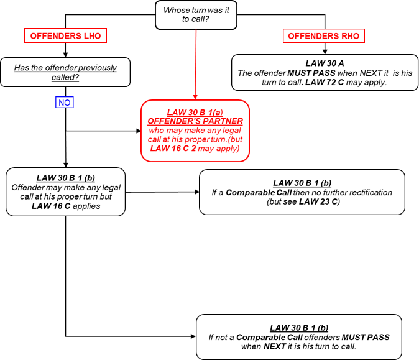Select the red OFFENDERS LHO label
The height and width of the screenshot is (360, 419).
[x=65, y=36]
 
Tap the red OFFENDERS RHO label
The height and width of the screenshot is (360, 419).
[x=324, y=36]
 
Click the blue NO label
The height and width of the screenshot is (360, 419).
[x=64, y=102]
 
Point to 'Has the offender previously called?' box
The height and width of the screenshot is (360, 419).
[x=65, y=72]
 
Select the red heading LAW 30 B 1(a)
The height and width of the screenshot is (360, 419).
[x=195, y=112]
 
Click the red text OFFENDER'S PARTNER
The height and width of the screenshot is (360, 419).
[x=195, y=121]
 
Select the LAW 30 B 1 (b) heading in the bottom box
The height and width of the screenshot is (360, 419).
[x=299, y=328]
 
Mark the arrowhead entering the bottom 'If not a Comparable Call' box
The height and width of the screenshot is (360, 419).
[x=191, y=336]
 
